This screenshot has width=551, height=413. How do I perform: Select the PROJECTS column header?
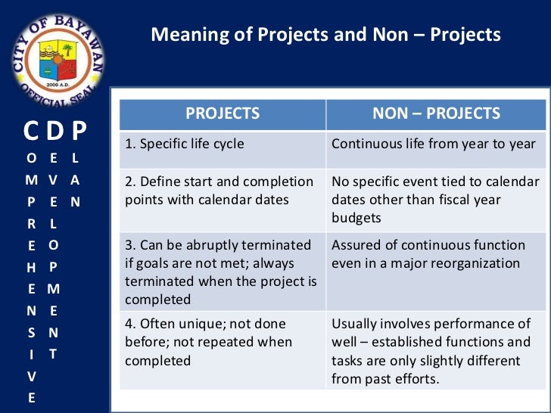[x=223, y=113]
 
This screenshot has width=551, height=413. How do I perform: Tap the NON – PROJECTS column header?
[x=436, y=113]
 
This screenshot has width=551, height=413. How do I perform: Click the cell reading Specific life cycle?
[x=185, y=144]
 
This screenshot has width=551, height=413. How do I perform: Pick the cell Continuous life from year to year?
[x=434, y=144]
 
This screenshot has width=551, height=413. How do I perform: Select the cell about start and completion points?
[x=219, y=191]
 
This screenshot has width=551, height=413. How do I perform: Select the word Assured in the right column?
[x=356, y=245]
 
